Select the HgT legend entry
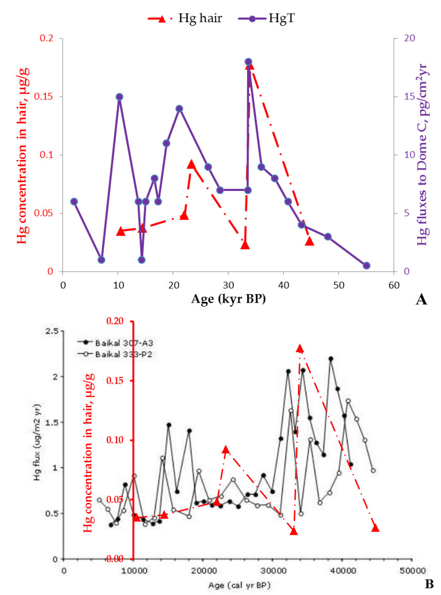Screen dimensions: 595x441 [x=267, y=18]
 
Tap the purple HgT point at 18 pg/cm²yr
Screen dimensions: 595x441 [x=248, y=62]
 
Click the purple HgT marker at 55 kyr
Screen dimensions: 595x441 [x=366, y=266]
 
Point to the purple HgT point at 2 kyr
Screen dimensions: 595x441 [x=74, y=202]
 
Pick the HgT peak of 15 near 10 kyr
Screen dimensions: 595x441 [x=119, y=97]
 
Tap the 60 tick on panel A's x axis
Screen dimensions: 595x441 [x=394, y=285]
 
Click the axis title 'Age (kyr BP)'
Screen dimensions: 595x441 [x=228, y=298]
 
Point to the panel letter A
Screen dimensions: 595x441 [x=421, y=299]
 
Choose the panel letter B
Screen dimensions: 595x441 [x=429, y=584]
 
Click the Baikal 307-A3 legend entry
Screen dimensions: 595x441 [x=116, y=343]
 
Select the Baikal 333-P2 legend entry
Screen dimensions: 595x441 [x=116, y=354]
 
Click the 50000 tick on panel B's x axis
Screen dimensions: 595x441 [x=412, y=571]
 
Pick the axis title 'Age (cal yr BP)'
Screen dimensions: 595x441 [x=239, y=585]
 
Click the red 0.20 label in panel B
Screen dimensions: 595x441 [x=115, y=321]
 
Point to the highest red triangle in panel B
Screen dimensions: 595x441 [x=300, y=349]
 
